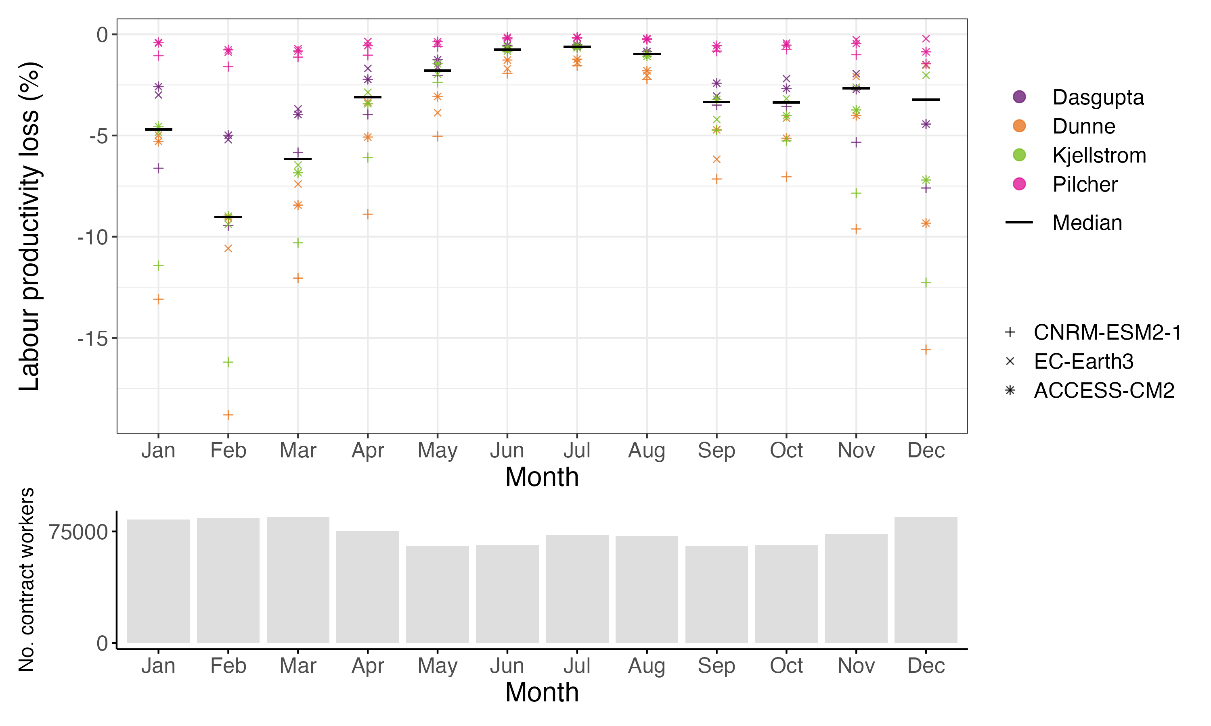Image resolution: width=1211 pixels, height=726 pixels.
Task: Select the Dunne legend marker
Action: point(1019,126)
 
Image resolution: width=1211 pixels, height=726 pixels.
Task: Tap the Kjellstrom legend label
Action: point(1099,156)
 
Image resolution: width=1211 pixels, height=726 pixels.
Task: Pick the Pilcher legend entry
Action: point(1085,184)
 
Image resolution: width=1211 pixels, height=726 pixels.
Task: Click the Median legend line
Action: point(1019,223)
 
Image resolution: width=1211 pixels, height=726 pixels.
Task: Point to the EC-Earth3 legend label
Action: point(1083,361)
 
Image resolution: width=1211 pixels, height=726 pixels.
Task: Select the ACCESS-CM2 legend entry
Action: point(1104,390)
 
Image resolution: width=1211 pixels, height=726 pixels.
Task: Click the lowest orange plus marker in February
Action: point(228,415)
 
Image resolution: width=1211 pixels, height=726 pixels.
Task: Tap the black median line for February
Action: point(228,217)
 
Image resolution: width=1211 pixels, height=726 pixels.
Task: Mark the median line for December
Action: point(926,100)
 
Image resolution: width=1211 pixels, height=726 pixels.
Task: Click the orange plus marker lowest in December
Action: point(926,349)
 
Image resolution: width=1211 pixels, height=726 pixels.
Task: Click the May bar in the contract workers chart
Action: point(437,594)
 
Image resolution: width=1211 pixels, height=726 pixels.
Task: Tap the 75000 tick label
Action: point(78,532)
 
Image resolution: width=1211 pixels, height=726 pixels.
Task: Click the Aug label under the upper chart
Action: point(646,451)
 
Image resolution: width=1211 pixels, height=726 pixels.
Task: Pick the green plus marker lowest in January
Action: point(158,266)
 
